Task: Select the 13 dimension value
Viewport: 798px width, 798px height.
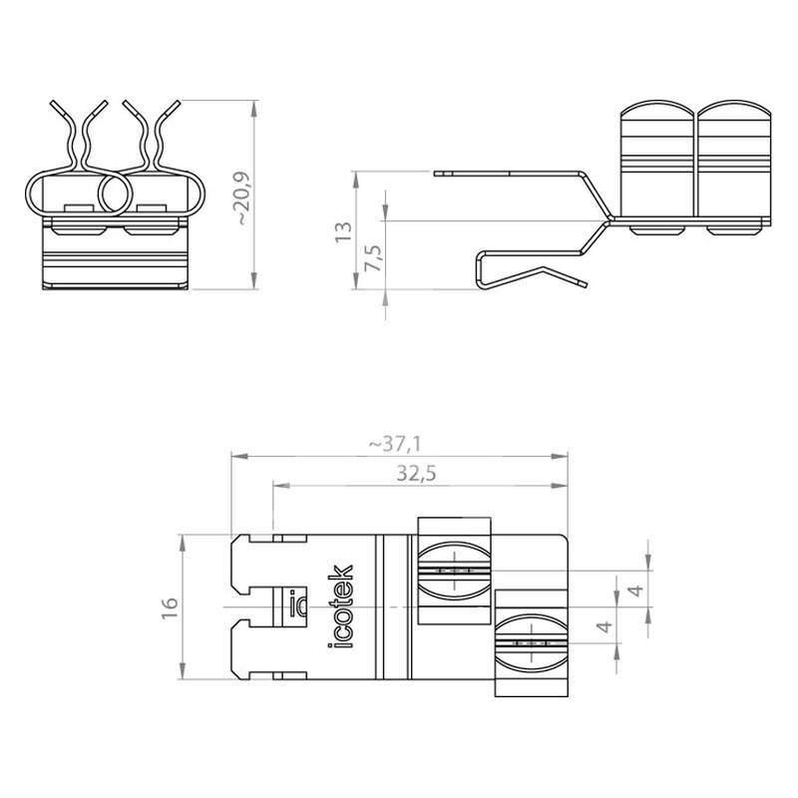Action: (343, 232)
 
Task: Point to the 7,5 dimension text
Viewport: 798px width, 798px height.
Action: (373, 258)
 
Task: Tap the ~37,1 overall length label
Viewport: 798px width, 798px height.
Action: (395, 445)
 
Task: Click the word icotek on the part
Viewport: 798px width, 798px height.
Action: (340, 606)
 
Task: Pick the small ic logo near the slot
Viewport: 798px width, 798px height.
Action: (298, 603)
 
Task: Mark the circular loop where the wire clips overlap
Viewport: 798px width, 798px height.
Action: (115, 194)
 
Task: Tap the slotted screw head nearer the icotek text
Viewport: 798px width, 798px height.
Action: (455, 571)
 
